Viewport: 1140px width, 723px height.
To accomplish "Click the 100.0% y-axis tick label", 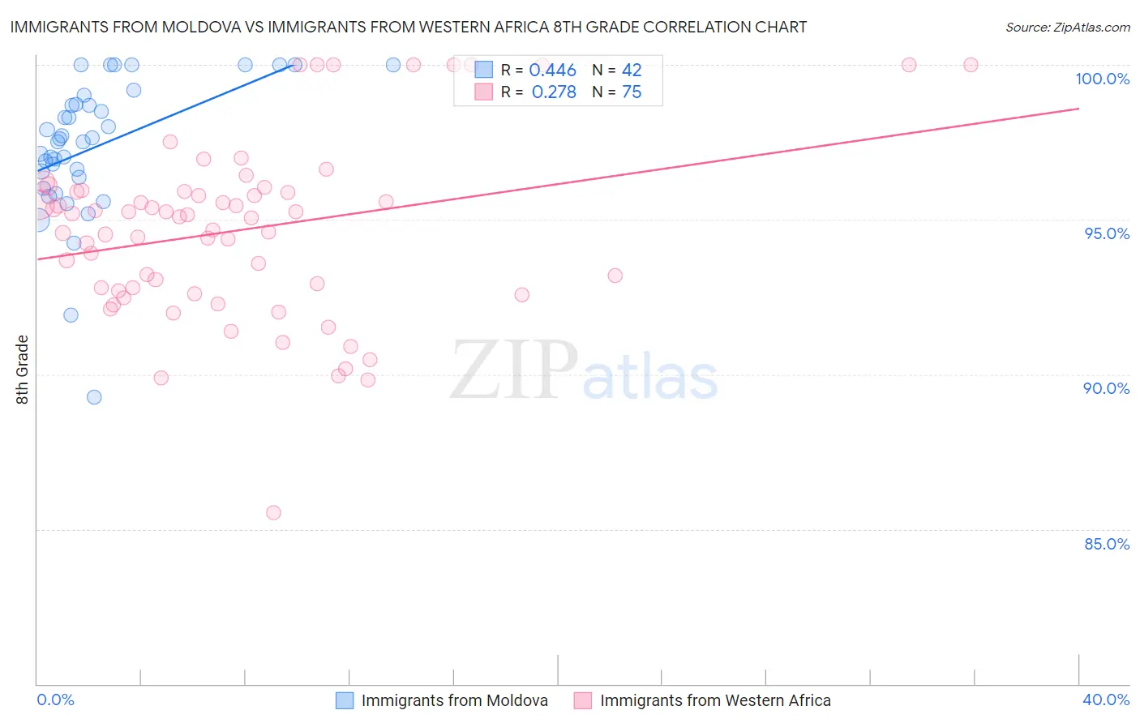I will click(x=1102, y=79).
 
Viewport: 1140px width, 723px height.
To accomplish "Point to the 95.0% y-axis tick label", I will click(x=1107, y=233).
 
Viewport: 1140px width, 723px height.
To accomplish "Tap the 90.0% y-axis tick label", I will click(x=1106, y=388).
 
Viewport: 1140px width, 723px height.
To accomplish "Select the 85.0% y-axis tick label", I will click(x=1107, y=544).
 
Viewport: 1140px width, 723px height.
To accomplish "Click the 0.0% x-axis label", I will click(x=55, y=699).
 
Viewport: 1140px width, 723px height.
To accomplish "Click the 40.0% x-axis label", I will click(x=1106, y=699).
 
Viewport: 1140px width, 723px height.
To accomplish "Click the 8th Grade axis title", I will click(x=22, y=370).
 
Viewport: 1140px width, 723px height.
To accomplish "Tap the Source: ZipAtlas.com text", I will click(x=1068, y=28).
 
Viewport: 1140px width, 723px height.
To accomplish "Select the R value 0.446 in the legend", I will click(x=552, y=71).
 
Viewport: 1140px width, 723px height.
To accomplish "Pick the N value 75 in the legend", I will click(x=632, y=92).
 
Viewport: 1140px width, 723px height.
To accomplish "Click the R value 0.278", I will click(x=554, y=92).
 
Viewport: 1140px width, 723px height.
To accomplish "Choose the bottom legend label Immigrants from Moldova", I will click(x=454, y=700).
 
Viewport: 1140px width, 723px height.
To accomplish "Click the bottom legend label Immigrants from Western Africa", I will click(x=715, y=700).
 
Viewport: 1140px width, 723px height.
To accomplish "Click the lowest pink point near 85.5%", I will click(x=273, y=512).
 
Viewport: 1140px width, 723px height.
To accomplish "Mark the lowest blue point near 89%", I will click(x=94, y=397).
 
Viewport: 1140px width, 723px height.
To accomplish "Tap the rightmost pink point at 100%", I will click(x=971, y=65).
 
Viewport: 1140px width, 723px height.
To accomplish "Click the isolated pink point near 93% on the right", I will click(x=615, y=276).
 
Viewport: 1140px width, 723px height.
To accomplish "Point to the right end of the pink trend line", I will click(x=1078, y=109).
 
